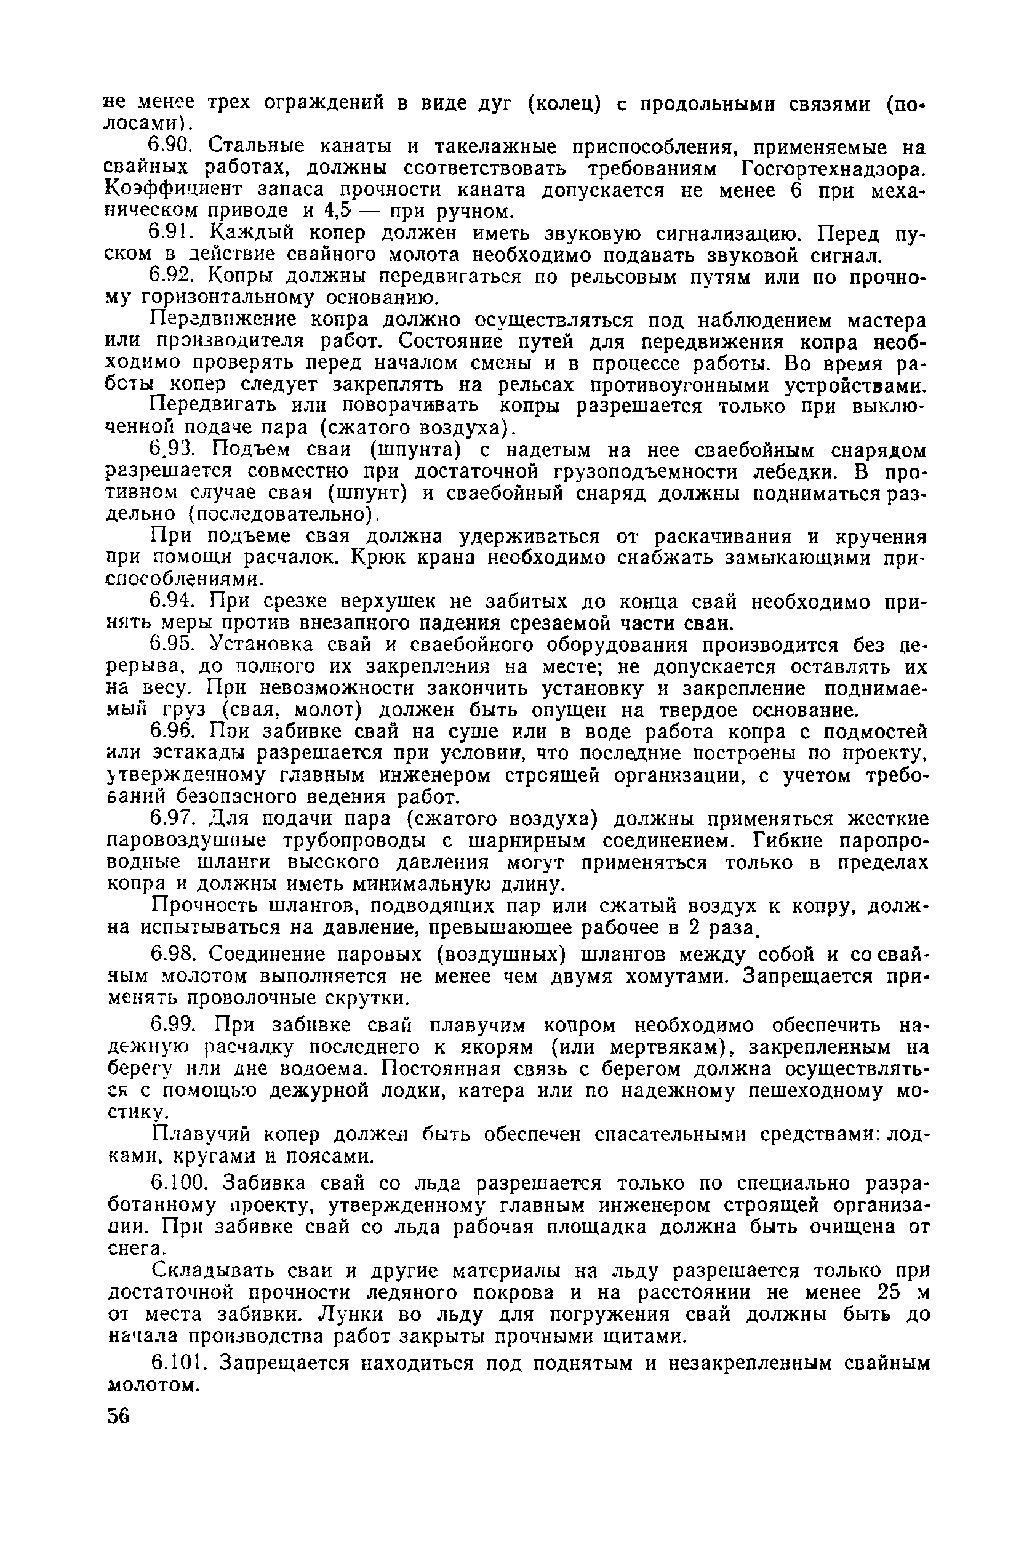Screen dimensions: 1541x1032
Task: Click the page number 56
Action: point(119,1416)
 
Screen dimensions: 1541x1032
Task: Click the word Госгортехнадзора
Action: point(832,169)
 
